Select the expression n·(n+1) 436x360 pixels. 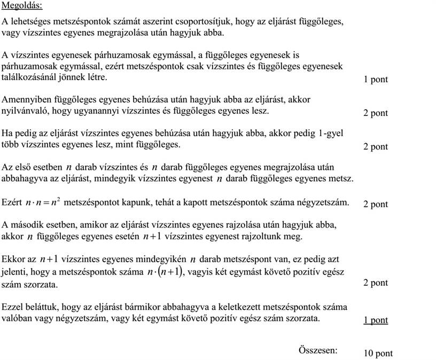(x=164, y=272)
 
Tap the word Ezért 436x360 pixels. (x=12, y=203)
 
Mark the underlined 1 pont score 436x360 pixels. (x=375, y=320)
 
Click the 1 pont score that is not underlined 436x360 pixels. (x=375, y=80)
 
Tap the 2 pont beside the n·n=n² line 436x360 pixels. (x=375, y=204)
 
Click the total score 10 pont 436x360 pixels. (x=377, y=353)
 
